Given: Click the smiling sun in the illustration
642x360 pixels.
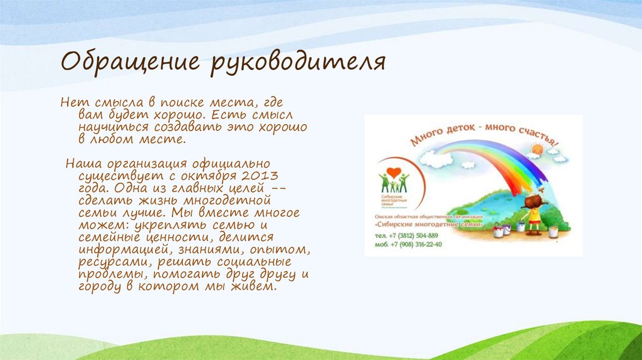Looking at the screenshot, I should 537,150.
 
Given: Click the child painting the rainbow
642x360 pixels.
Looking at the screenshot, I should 533,213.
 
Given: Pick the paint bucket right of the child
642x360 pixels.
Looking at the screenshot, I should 553,231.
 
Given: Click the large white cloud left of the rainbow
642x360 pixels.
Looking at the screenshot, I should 436,157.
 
